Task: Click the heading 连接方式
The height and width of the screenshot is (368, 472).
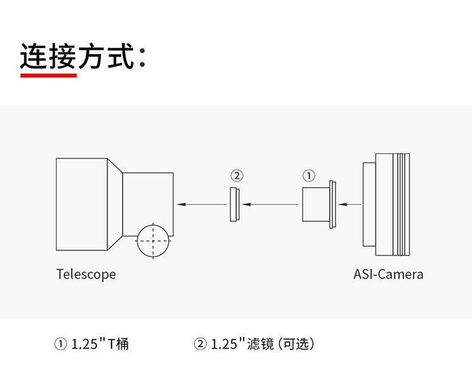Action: pyautogui.click(x=78, y=56)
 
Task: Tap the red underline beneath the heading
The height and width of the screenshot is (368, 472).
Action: pyautogui.click(x=48, y=75)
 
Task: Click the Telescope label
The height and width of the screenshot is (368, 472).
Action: pyautogui.click(x=86, y=274)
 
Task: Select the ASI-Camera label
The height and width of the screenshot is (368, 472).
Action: pyautogui.click(x=388, y=274)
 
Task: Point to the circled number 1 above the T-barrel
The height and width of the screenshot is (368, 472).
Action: pyautogui.click(x=309, y=175)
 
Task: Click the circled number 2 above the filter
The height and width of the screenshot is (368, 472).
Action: pyautogui.click(x=237, y=175)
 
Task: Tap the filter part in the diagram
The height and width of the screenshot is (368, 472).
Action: pyautogui.click(x=234, y=204)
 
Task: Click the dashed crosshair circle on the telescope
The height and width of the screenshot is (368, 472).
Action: pyautogui.click(x=153, y=240)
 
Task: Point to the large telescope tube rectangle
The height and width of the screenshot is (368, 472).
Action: pyautogui.click(x=82, y=204)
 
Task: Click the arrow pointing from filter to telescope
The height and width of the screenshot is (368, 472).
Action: pyautogui.click(x=201, y=204)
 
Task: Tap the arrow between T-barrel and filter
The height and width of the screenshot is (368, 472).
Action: pyautogui.click(x=271, y=204)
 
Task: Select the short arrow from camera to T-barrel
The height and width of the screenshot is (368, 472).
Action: pyautogui.click(x=352, y=204)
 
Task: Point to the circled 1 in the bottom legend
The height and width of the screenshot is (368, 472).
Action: pyautogui.click(x=60, y=344)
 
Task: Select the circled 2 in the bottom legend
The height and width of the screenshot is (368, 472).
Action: pyautogui.click(x=200, y=344)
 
